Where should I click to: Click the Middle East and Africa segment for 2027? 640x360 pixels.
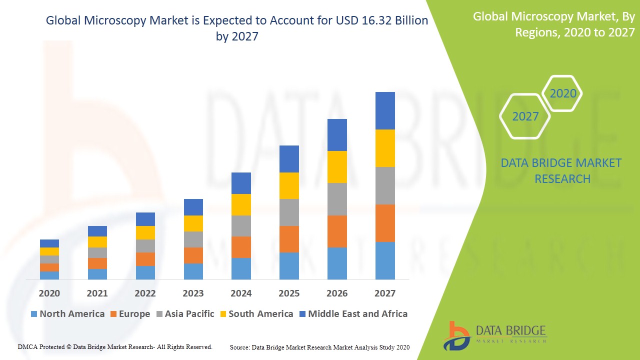[x=385, y=110]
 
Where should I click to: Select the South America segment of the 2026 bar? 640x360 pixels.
[x=337, y=167]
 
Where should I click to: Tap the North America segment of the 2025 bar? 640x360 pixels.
[x=289, y=265]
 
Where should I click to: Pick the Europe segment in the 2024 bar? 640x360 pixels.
[x=241, y=247]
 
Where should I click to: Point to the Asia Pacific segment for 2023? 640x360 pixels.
[x=193, y=239]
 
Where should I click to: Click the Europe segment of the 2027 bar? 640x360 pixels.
[x=385, y=223]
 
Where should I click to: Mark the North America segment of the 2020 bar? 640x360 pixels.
[x=49, y=275]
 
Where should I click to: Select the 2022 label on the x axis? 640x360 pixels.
[x=145, y=293]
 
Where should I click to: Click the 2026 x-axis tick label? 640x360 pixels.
[x=337, y=293]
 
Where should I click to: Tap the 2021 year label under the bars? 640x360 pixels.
[x=97, y=293]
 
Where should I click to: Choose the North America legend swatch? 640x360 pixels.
[x=34, y=314]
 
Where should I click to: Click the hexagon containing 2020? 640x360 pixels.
[x=562, y=93]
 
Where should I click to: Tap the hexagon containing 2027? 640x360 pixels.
[x=525, y=116]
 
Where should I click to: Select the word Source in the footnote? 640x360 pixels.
[x=239, y=347]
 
